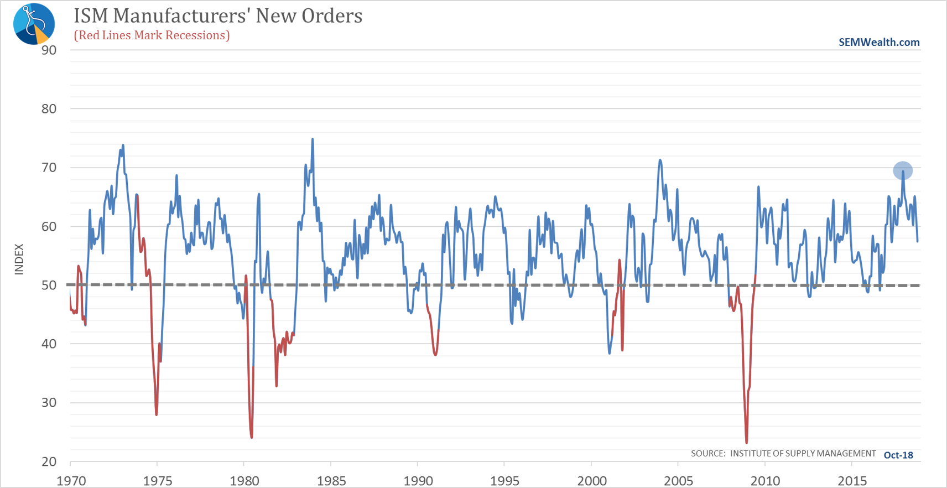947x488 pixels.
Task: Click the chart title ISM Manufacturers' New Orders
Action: (x=218, y=15)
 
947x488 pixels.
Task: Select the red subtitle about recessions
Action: (x=152, y=35)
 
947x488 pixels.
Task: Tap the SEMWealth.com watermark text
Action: (x=878, y=42)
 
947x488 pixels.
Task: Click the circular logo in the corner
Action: (x=34, y=24)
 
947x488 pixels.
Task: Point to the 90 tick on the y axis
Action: (x=49, y=50)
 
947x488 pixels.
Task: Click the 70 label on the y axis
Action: (x=49, y=168)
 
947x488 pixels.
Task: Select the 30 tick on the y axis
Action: (x=49, y=403)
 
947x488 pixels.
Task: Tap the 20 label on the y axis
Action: (x=49, y=461)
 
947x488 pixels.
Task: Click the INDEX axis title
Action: (x=19, y=259)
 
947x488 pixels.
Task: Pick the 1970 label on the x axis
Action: (x=71, y=480)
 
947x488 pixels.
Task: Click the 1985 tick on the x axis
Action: (x=331, y=480)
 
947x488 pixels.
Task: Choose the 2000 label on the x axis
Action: (x=592, y=480)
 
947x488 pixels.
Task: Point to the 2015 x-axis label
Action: (x=852, y=480)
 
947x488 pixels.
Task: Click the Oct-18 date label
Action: (x=898, y=455)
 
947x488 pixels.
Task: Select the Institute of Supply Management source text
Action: (x=783, y=454)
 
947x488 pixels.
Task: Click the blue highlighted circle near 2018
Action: (x=903, y=170)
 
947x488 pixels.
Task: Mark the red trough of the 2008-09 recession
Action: (x=746, y=442)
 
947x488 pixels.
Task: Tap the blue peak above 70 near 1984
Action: (x=313, y=139)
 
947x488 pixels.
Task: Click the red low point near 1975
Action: (x=157, y=414)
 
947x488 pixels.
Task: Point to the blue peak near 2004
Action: (x=660, y=160)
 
